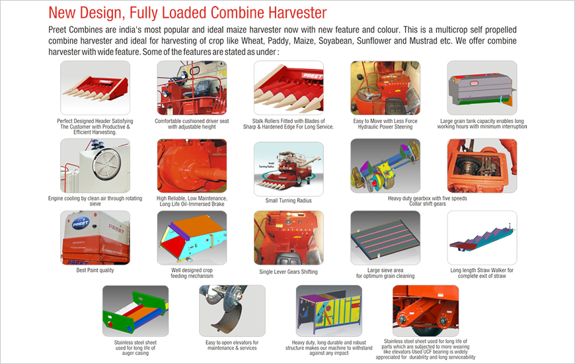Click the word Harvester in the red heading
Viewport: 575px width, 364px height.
point(297,13)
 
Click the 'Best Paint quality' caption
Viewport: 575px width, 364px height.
point(95,270)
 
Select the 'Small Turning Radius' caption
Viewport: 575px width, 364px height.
point(289,201)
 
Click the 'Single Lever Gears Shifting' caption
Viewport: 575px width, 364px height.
point(289,272)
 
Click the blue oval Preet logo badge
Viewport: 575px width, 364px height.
point(81,223)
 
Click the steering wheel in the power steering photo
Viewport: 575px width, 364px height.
point(368,94)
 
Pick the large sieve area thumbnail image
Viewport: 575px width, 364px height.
point(385,238)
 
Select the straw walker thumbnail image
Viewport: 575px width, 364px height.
point(482,238)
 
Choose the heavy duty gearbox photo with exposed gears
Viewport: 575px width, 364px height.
point(482,165)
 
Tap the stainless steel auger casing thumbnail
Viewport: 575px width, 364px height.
point(135,311)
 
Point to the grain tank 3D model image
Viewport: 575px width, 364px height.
point(482,88)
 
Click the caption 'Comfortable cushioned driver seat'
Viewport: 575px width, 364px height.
point(192,121)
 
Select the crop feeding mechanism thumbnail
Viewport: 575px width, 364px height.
point(192,238)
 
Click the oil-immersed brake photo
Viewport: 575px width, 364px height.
point(192,165)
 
